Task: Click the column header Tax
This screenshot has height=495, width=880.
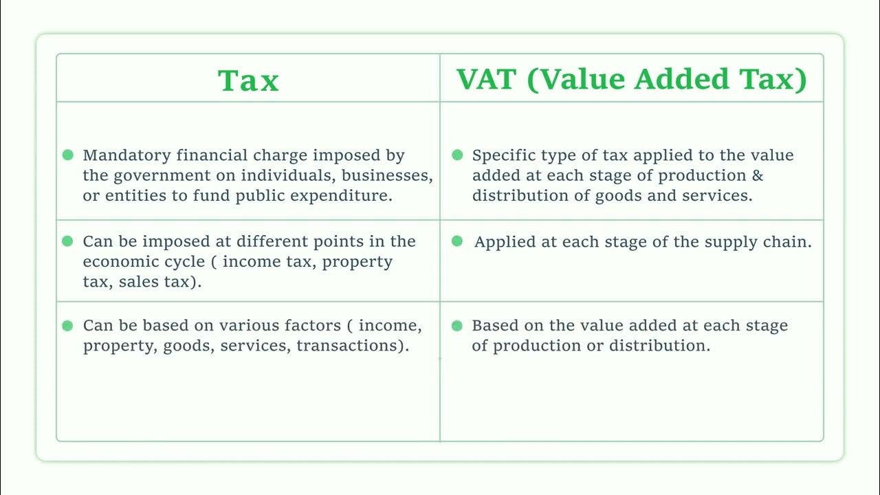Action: pyautogui.click(x=248, y=80)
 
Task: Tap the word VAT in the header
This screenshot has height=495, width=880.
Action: pyautogui.click(x=487, y=79)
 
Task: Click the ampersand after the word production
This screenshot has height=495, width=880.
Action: pyautogui.click(x=757, y=175)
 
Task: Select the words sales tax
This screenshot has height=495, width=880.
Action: pyautogui.click(x=159, y=282)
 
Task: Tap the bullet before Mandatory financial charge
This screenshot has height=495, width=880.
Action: pyautogui.click(x=67, y=155)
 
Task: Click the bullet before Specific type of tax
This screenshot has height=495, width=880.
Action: pyautogui.click(x=457, y=155)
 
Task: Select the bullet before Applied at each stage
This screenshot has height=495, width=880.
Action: pyautogui.click(x=457, y=241)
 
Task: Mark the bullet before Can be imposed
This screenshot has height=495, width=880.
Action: pyautogui.click(x=67, y=241)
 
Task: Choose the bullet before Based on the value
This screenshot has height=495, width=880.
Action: pyautogui.click(x=457, y=325)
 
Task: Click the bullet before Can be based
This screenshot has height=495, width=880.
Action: pyautogui.click(x=67, y=325)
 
